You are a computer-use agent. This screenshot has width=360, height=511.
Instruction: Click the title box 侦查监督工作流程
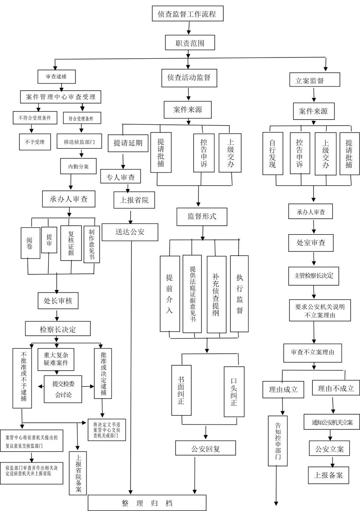pos(187,14)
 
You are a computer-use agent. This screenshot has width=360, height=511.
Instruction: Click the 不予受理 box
pos(35,141)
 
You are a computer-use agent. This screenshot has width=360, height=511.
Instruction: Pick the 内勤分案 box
pos(79,166)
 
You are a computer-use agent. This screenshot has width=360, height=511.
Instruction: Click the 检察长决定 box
pos(58,329)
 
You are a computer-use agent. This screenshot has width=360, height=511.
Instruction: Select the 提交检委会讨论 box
pos(63,389)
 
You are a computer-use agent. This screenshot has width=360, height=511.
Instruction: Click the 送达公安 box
pos(130,232)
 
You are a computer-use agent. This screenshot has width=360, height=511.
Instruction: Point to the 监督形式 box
pos(202,216)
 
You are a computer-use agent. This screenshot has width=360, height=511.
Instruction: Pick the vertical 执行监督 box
pos(239,293)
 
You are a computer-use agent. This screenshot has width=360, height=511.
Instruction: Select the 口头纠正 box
pos(234,392)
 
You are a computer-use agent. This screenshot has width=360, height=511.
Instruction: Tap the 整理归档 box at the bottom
pos(147,503)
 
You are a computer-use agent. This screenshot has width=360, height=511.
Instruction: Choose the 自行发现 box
pos(273,153)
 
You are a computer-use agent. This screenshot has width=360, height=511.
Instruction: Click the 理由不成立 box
pos(336,388)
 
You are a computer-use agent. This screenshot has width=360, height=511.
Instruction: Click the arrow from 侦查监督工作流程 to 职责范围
pos(188,28)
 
